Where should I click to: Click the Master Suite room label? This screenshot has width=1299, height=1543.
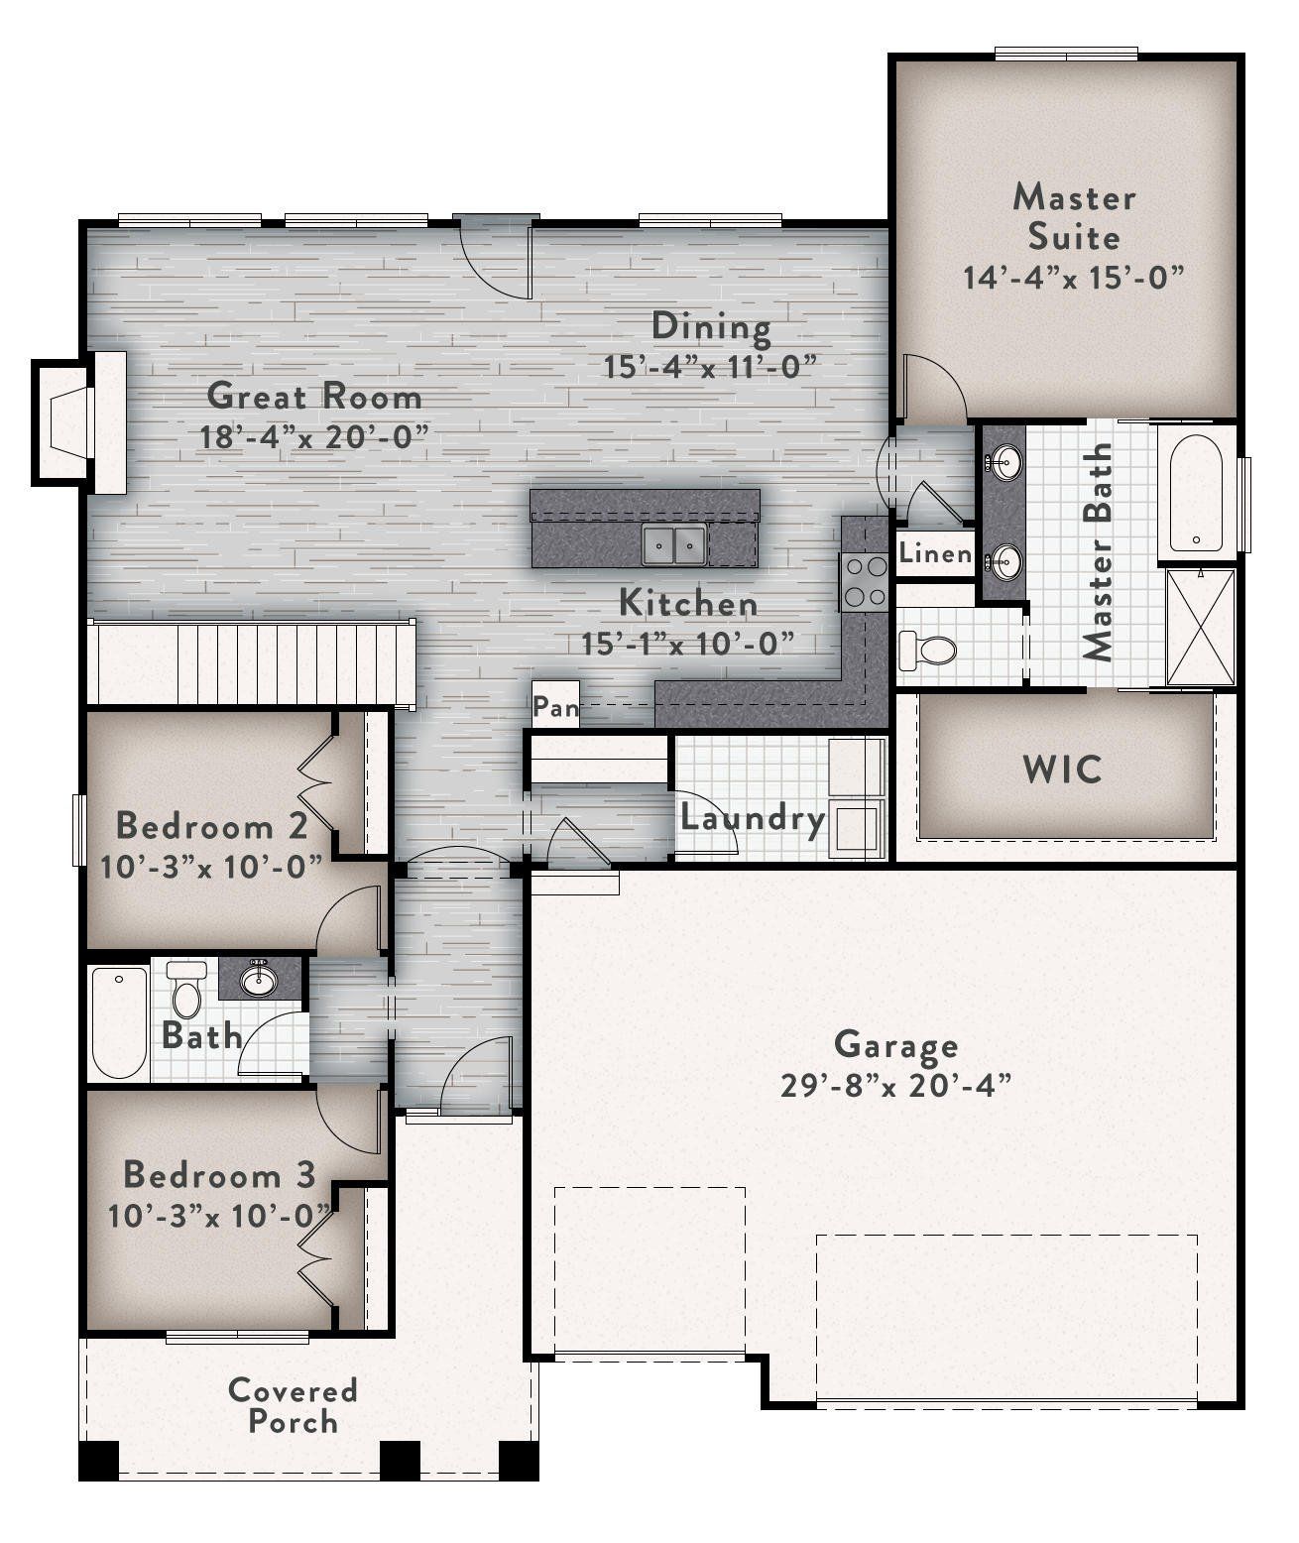(x=1074, y=216)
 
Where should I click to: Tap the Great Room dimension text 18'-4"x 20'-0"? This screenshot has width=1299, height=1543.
(x=314, y=436)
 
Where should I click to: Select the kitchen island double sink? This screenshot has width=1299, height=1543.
(x=674, y=545)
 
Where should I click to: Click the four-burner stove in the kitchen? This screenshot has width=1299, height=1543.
(x=866, y=582)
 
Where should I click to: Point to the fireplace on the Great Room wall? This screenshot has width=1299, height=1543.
(x=79, y=422)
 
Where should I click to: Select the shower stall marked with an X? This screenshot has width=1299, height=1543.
(x=1201, y=627)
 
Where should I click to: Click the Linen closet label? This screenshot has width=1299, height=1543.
(x=935, y=553)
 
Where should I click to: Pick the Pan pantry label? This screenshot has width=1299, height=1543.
(x=555, y=707)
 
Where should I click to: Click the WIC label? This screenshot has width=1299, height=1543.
(x=1063, y=770)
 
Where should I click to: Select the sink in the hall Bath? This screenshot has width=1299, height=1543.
(x=259, y=981)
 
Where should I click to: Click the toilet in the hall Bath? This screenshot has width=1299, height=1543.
(x=185, y=989)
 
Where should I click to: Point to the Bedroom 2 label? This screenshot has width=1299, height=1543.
(x=212, y=825)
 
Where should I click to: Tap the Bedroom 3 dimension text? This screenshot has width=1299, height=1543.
(x=219, y=1215)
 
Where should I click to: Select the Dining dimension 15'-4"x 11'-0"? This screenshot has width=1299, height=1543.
(x=712, y=367)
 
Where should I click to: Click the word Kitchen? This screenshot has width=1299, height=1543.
(x=688, y=603)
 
